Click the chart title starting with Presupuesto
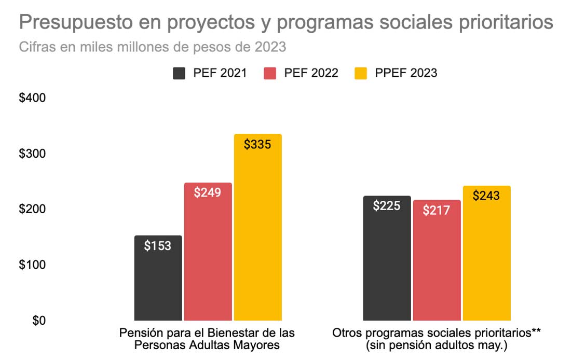point(285,23)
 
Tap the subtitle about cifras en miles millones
point(153,47)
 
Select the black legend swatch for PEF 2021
point(179,73)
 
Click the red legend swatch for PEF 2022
point(270,73)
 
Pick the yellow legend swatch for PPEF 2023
point(360,73)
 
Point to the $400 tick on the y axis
point(32,98)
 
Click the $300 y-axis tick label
point(32,154)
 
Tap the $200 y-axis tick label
point(32,209)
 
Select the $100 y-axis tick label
point(32,265)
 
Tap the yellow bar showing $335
point(257,233)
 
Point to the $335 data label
point(257,145)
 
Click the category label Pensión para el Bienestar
point(207,339)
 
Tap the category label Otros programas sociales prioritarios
point(437,339)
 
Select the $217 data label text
point(437,211)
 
